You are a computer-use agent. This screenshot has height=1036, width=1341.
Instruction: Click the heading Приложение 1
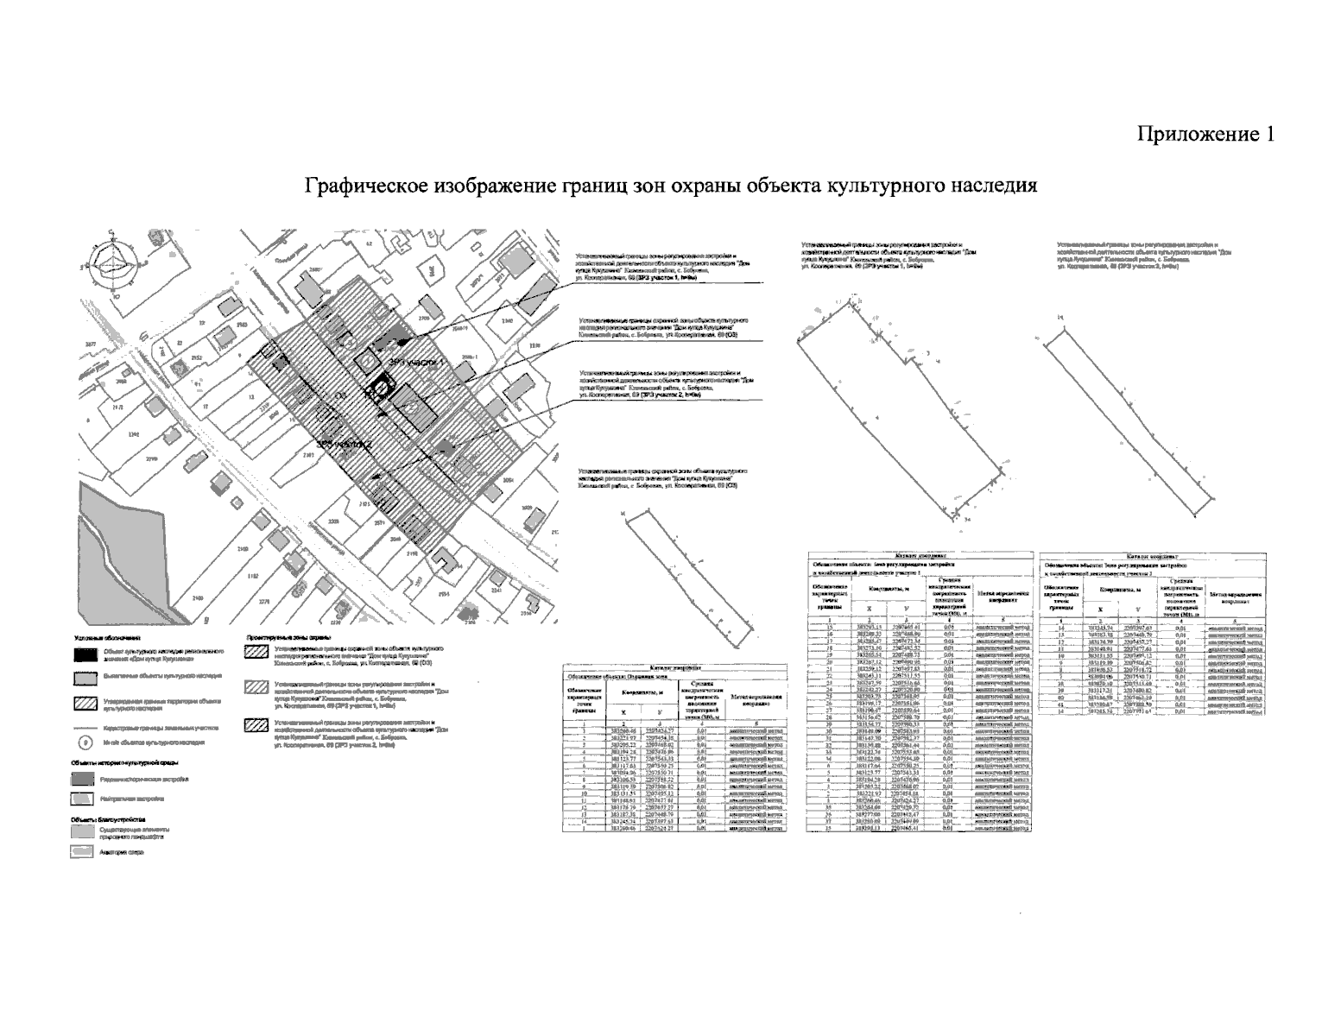click(1205, 135)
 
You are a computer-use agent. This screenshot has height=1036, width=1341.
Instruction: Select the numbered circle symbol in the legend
click(84, 742)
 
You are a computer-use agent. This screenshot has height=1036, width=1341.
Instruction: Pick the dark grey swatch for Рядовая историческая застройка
click(84, 778)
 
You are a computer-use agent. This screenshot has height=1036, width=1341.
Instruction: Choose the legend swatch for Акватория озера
click(84, 850)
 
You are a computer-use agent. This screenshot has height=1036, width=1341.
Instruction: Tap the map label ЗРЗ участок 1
click(420, 363)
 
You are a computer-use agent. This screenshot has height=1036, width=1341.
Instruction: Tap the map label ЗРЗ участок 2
click(345, 445)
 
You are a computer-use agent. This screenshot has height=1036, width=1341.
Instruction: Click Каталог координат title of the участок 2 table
click(1154, 557)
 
